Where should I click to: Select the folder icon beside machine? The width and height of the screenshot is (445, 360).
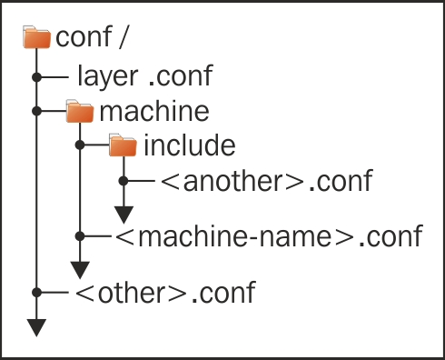(x=80, y=112)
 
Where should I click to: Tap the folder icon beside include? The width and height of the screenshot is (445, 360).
(x=122, y=145)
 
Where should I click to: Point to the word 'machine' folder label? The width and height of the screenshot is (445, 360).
(x=154, y=112)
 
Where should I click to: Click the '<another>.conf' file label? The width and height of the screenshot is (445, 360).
(x=265, y=180)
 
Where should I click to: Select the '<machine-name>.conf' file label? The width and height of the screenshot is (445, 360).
(x=269, y=236)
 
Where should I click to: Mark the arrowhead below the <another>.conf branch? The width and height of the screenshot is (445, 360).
(x=123, y=215)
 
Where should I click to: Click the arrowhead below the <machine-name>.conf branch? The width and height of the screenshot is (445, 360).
(x=80, y=270)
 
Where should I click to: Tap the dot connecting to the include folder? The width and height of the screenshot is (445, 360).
(x=80, y=145)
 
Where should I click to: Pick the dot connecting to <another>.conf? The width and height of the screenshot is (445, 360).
(x=123, y=180)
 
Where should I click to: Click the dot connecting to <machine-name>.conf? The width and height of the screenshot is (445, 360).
(x=80, y=236)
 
